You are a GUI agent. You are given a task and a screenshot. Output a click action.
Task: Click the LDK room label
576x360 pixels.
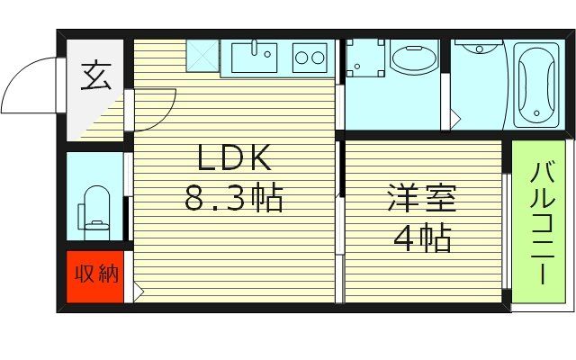click(234, 160)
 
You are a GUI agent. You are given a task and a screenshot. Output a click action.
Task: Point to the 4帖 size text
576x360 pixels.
click(421, 239)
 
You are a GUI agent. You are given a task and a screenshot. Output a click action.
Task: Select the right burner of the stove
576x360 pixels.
click(319, 59)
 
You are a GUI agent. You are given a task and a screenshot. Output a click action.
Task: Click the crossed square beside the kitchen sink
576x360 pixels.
click(203, 57)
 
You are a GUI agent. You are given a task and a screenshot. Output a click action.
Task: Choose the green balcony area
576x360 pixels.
click(539, 225)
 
